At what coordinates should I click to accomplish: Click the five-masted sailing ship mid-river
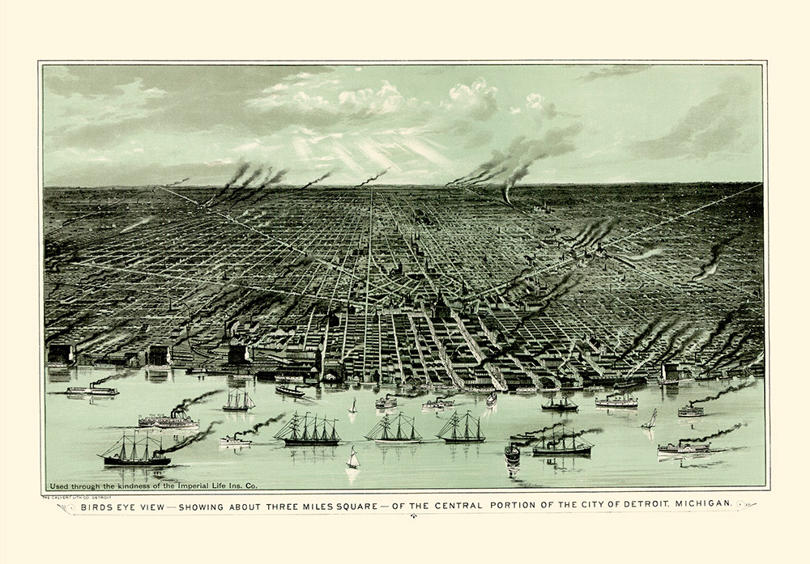click(308, 429)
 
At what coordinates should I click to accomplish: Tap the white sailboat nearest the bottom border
click(352, 460)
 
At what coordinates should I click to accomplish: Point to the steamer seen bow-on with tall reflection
click(512, 453)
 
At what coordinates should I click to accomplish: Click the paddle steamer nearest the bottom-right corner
click(683, 447)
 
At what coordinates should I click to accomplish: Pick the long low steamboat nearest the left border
click(92, 390)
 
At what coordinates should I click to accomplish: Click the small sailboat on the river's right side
click(650, 419)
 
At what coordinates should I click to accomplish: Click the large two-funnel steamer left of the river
click(168, 419)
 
